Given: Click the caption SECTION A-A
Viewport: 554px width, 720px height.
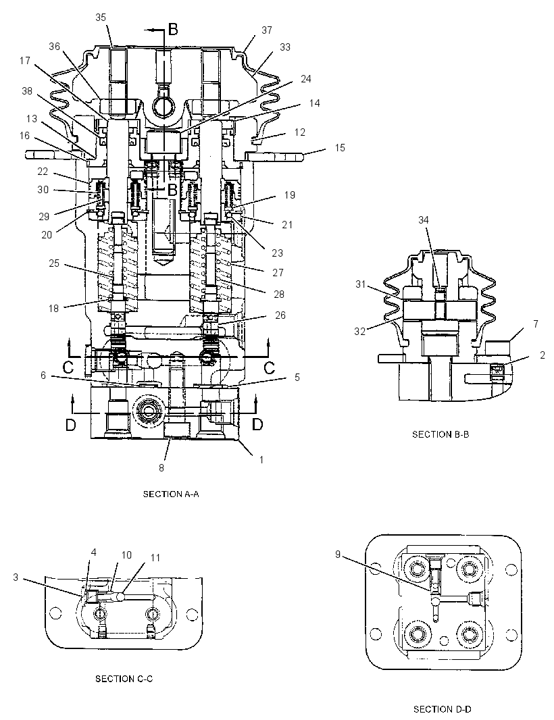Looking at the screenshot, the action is click(171, 494).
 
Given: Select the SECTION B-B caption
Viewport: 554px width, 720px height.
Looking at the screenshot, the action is click(440, 434).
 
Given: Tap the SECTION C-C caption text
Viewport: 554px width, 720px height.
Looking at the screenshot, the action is click(124, 679).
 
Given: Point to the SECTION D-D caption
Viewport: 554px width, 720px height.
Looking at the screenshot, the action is click(443, 709).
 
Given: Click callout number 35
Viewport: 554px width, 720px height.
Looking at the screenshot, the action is click(101, 18).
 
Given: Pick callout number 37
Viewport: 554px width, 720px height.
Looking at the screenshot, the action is click(267, 30).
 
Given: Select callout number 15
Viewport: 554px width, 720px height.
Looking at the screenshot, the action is click(340, 148).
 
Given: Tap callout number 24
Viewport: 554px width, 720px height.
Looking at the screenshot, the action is click(306, 79).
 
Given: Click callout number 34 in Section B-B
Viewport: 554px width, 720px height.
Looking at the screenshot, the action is click(423, 220).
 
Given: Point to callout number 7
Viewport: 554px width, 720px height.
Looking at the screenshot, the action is click(536, 324).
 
